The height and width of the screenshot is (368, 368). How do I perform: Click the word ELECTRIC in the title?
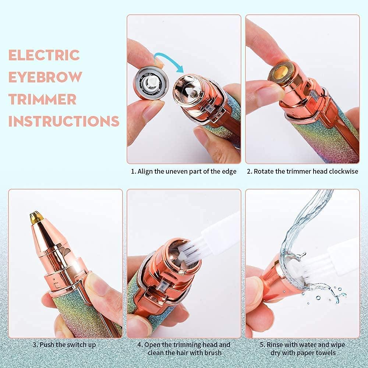point(44,55)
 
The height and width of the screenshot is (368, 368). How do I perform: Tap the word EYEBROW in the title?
point(45,77)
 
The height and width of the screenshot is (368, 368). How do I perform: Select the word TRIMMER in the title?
point(43,99)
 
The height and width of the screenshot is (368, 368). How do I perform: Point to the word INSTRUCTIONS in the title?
point(64,121)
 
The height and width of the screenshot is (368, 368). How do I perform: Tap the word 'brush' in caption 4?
point(213,353)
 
